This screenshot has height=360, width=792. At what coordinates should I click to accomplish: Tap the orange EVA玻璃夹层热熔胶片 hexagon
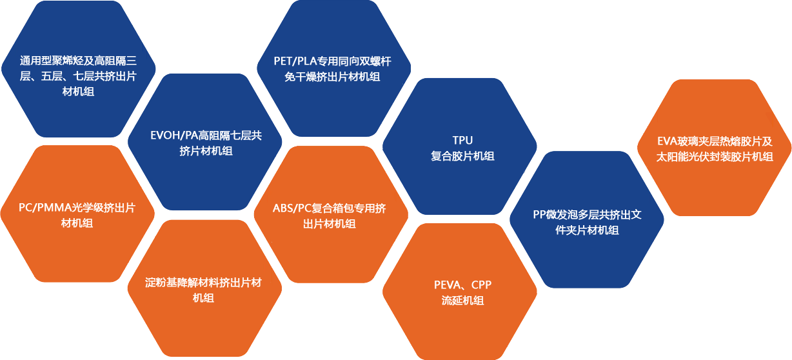[x=714, y=148]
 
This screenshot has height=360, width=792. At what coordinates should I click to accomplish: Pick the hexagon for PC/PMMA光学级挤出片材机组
[x=77, y=215]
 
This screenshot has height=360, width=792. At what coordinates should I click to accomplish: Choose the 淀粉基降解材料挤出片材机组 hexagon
[x=204, y=290]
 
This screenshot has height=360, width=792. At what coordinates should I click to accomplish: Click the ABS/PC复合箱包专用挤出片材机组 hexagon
[x=330, y=215]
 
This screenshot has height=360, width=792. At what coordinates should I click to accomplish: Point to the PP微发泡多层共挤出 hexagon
[x=587, y=221]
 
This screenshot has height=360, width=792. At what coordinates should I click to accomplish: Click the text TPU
[x=463, y=140]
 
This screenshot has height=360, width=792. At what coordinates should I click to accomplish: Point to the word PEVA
[x=447, y=285]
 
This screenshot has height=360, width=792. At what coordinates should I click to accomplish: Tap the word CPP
[x=481, y=285]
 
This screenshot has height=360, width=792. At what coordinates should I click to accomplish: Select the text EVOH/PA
[x=172, y=135]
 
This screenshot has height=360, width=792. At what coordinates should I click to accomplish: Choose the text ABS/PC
[x=292, y=208]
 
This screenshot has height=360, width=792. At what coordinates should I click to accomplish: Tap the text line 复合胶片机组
[x=462, y=155]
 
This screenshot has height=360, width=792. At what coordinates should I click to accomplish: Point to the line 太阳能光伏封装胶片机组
[x=715, y=156]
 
